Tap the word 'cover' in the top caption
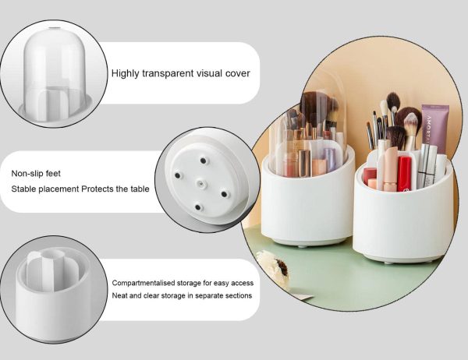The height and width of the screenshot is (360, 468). [x=236, y=74]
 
